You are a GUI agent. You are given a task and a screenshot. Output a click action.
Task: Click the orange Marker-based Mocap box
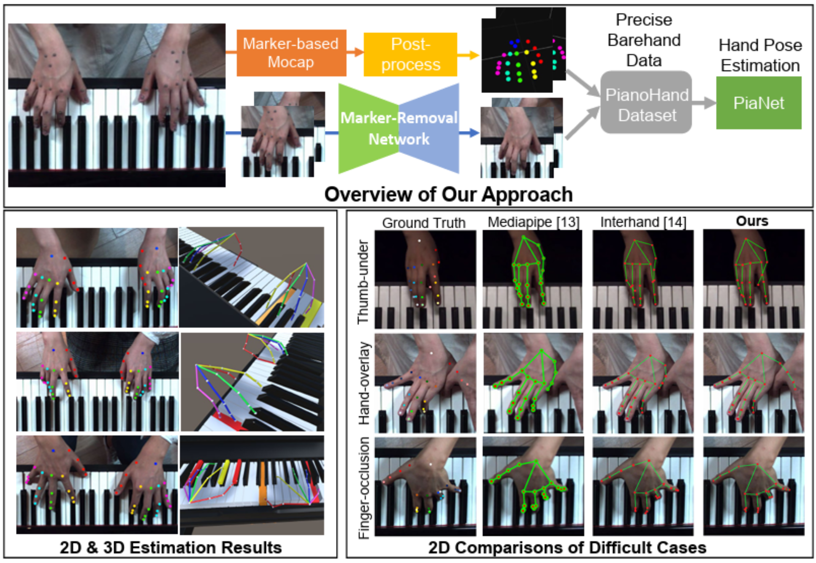pos(291,53)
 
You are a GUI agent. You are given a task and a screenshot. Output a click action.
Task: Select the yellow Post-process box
pos(410,55)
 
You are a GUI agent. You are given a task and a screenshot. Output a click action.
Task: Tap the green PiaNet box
pos(758,103)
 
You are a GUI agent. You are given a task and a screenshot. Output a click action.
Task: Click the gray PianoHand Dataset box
pos(646,103)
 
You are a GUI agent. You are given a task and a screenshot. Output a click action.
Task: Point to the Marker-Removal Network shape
pos(399,128)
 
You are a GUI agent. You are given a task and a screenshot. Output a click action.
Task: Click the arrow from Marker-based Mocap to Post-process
pos(355,52)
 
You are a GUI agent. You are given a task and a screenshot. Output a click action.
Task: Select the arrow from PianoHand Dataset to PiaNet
pos(704,103)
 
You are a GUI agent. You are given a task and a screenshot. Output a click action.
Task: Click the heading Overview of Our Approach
pos(448,194)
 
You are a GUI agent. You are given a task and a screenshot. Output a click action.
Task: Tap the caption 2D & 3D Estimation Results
pos(171,547)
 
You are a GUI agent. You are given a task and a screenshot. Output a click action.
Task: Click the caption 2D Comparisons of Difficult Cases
pos(567,547)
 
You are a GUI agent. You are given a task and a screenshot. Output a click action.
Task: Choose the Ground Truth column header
pos(423,223)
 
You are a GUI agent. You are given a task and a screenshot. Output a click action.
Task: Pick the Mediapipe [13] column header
pos(533,222)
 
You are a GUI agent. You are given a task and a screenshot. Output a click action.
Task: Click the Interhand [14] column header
pos(643,222)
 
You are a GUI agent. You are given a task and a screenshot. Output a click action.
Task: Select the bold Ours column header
pos(752,221)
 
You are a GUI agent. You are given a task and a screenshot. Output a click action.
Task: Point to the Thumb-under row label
pos(363,282)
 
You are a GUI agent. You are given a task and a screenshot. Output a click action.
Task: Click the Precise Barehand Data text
pos(644,40)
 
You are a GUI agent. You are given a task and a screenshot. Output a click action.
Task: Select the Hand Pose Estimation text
pos(760,55)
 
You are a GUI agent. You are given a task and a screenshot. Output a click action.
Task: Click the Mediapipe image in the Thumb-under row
pos(532,279)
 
